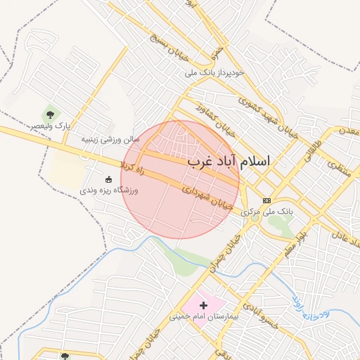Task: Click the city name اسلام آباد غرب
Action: [x=229, y=161]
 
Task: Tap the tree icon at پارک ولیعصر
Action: [x=50, y=113]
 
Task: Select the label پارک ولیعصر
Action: [x=50, y=126]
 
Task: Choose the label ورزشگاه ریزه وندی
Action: [x=108, y=190]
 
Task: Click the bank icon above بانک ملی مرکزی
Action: [x=266, y=200]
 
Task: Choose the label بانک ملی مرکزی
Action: [x=266, y=211]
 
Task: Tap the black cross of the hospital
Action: [x=204, y=305]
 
